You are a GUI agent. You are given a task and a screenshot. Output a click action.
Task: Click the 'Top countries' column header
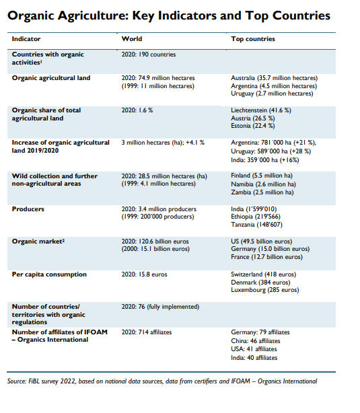point(253,39)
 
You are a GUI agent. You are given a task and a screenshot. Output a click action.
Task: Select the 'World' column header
point(132,39)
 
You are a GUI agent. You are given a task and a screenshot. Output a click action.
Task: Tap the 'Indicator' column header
point(26,39)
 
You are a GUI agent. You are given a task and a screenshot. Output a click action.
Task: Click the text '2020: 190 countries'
point(149,54)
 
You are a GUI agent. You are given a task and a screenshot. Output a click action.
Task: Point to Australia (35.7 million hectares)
point(274,78)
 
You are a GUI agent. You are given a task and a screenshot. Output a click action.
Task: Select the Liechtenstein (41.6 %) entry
point(261,110)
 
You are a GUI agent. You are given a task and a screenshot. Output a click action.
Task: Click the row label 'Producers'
point(28,209)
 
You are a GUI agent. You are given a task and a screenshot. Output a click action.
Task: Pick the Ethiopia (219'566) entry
point(256,217)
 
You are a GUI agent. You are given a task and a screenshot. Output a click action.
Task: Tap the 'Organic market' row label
point(38,241)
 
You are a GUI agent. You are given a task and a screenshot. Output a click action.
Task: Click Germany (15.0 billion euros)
point(270,249)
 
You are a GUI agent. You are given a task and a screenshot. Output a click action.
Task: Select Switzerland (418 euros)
point(263,274)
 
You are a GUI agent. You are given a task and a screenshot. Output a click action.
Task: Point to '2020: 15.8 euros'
point(144,274)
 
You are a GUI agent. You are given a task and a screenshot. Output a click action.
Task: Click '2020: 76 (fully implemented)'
point(160,307)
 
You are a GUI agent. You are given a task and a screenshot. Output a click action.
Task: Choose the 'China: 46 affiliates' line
point(256,341)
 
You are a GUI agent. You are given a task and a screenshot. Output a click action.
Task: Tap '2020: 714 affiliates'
point(147,332)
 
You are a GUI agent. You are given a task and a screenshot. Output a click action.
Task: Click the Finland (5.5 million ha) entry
point(262,176)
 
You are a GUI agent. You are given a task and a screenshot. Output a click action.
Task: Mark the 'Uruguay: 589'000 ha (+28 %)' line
point(271,151)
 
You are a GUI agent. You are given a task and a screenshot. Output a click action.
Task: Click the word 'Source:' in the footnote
point(17,381)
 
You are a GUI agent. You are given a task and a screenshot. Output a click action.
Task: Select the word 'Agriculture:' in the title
point(93,16)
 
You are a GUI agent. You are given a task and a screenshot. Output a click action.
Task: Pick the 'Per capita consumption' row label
point(49,274)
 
